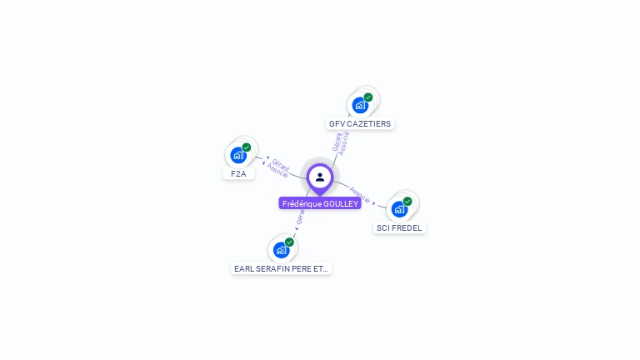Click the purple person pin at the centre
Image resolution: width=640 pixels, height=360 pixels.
(x=320, y=177)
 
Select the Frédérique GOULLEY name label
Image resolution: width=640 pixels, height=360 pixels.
(x=320, y=203)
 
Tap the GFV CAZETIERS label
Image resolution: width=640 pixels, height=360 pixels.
(x=360, y=123)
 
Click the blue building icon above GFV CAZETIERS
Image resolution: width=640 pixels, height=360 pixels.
(x=360, y=105)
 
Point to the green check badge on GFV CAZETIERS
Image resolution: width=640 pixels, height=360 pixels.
(x=368, y=97)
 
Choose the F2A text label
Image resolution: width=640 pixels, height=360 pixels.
(x=238, y=173)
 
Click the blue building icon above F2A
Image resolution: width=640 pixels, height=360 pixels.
(x=238, y=155)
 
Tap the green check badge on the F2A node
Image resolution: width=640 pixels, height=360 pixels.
(x=247, y=147)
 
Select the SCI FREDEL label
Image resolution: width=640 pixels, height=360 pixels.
(x=399, y=227)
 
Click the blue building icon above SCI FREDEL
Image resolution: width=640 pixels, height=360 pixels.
(x=399, y=209)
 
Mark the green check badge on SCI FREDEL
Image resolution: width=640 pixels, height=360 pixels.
(x=407, y=201)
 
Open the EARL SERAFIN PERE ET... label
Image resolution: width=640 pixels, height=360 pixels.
(x=282, y=268)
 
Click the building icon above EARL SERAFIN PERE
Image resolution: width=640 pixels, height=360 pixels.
(x=281, y=250)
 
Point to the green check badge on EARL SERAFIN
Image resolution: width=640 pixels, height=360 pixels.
(x=289, y=242)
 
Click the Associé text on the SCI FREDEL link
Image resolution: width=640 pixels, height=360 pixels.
(x=360, y=194)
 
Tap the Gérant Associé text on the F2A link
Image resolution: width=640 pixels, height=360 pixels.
(x=279, y=167)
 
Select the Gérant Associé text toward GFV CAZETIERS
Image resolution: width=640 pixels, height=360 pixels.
(x=340, y=142)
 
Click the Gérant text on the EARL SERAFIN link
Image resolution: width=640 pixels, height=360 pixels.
(x=300, y=217)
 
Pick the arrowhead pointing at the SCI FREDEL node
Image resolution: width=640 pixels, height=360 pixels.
(x=374, y=203)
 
